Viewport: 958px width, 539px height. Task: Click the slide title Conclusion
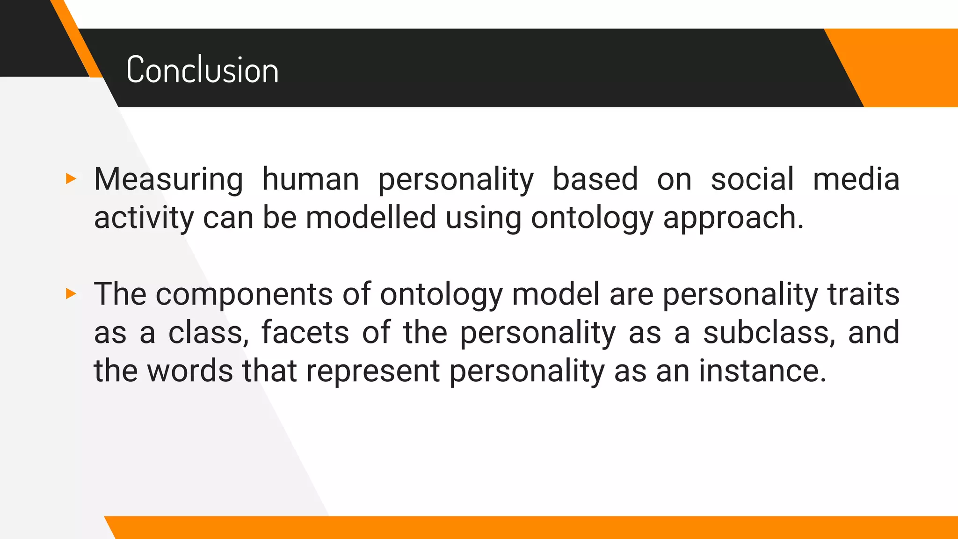(x=202, y=70)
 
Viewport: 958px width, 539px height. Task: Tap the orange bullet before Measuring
(x=71, y=178)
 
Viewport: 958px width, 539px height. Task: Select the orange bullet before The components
(x=71, y=294)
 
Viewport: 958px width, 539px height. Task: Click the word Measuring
(x=168, y=180)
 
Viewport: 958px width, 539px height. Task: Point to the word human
(x=311, y=180)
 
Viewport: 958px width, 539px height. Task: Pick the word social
(x=752, y=180)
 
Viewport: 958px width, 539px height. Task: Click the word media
(x=856, y=180)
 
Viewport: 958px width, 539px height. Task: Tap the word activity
(x=144, y=218)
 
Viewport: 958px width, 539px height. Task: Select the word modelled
(x=370, y=218)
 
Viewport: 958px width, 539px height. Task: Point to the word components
(x=244, y=295)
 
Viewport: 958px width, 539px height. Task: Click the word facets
(x=305, y=333)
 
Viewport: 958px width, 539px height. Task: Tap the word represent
(x=373, y=371)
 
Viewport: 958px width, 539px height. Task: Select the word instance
(x=762, y=371)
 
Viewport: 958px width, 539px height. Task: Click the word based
(x=595, y=180)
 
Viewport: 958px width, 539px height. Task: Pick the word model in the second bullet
(x=556, y=294)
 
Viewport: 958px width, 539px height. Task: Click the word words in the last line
(x=190, y=371)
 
